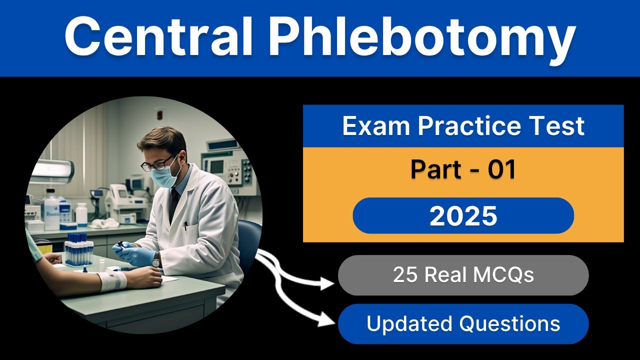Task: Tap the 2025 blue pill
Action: pyautogui.click(x=463, y=215)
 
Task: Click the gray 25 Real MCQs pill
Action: pyautogui.click(x=463, y=275)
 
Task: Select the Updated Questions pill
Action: pyautogui.click(x=463, y=323)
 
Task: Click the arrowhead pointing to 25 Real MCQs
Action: pyautogui.click(x=327, y=283)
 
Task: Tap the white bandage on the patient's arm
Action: pyautogui.click(x=112, y=280)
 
